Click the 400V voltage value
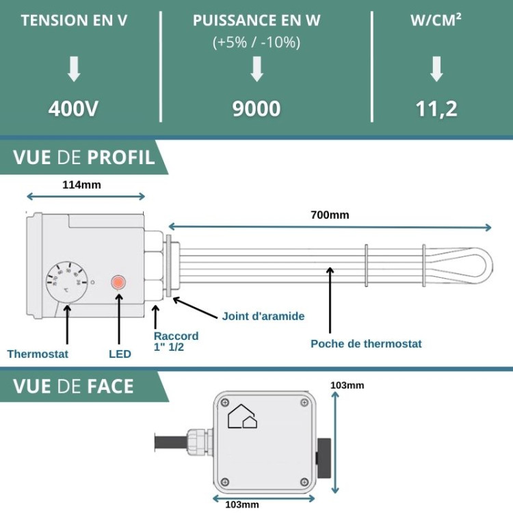74,109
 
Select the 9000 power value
256,109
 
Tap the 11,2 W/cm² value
436,109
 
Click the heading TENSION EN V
74,20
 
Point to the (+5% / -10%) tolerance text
256,42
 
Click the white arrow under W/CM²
436,69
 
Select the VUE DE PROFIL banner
83,157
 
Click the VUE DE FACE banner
73,386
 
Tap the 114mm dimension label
81,185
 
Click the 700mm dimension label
330,215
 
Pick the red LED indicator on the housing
119,282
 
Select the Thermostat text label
38,354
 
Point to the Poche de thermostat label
366,343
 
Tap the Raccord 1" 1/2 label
176,341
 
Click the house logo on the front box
242,416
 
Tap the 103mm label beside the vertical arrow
347,385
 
